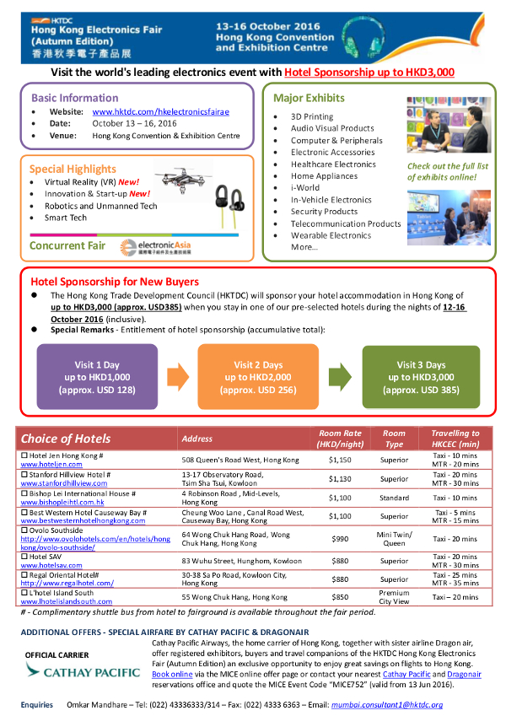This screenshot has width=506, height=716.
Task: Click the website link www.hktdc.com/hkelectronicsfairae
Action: pyautogui.click(x=160, y=111)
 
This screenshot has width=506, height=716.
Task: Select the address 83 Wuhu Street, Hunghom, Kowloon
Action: pyautogui.click(x=233, y=561)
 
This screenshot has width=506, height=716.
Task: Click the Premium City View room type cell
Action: pyautogui.click(x=394, y=597)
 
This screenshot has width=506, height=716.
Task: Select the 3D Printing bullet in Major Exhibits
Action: pyautogui.click(x=311, y=116)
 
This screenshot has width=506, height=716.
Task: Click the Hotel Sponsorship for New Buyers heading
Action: pyautogui.click(x=115, y=281)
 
